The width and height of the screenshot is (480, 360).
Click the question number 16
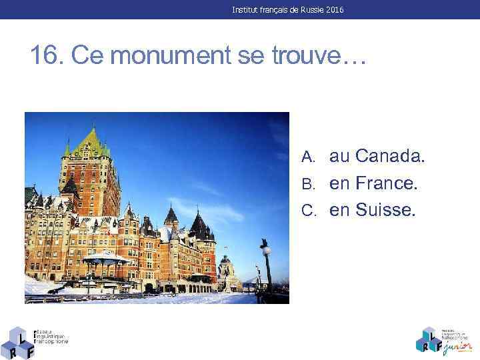point(45,56)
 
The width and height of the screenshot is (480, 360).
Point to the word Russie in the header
point(304,11)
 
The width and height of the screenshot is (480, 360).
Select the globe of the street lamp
point(265,250)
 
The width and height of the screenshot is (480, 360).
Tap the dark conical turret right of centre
point(199,222)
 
